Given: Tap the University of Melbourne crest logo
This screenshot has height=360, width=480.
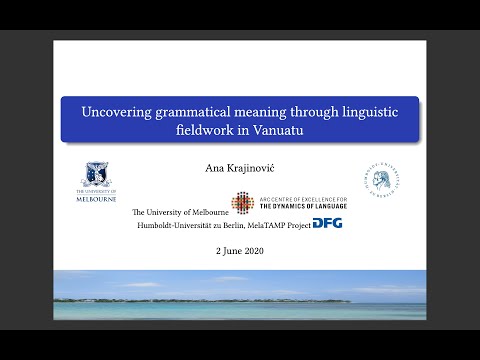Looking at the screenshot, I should (x=97, y=175).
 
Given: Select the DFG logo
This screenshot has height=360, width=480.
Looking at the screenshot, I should (x=327, y=223).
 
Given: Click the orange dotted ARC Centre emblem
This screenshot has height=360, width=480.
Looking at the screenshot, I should (x=242, y=203).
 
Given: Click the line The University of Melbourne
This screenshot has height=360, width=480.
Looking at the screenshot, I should (x=180, y=211).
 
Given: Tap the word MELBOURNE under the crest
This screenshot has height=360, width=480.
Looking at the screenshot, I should (x=97, y=197).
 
